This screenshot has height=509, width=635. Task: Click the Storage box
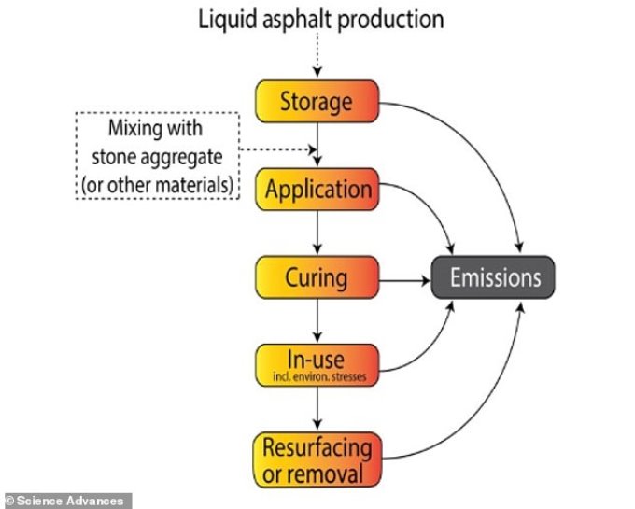click(x=317, y=101)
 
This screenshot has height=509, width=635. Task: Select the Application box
click(x=317, y=189)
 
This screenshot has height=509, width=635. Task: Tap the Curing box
click(x=317, y=277)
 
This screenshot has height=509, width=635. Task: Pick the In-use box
click(x=317, y=365)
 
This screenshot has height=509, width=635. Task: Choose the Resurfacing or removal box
click(x=317, y=460)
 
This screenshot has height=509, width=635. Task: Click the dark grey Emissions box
click(x=493, y=277)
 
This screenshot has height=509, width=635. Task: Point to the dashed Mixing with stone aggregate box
click(x=158, y=155)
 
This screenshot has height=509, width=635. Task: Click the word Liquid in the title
click(x=227, y=19)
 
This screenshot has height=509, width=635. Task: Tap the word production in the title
click(x=390, y=19)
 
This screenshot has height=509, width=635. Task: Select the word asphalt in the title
click(x=297, y=19)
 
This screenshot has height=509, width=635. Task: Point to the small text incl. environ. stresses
click(x=319, y=377)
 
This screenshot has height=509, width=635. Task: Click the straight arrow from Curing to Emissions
click(x=404, y=280)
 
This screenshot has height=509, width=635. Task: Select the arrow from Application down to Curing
click(x=317, y=233)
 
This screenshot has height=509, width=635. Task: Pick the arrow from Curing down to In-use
click(x=317, y=320)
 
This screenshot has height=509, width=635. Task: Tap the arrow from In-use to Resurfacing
click(x=317, y=408)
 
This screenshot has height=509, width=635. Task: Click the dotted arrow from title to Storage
click(x=317, y=55)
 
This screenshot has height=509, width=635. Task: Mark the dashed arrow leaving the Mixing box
click(x=278, y=149)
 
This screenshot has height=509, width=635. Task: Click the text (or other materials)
click(x=157, y=185)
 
